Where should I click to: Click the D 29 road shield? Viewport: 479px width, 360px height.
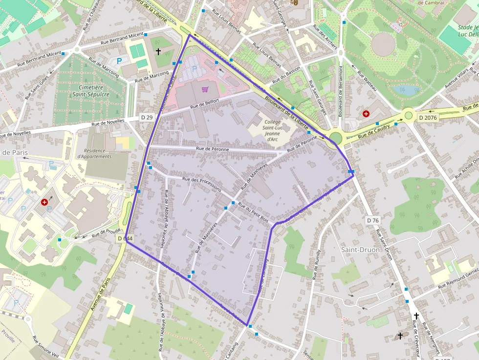[x=147, y=117]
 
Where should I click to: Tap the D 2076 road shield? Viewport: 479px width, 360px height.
[x=427, y=118]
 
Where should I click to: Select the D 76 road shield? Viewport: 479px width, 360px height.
[x=372, y=220]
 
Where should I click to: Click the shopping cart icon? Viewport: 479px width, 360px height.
[x=205, y=89]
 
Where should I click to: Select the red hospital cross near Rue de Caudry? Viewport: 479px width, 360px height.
[x=366, y=114]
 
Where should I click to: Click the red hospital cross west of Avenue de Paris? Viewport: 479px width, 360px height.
[x=45, y=202]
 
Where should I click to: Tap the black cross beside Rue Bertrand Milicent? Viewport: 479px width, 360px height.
[x=158, y=51]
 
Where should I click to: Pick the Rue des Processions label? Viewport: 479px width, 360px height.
[x=201, y=185]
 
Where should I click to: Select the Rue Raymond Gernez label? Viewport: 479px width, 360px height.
[x=458, y=279]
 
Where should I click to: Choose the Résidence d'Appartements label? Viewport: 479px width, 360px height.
[x=94, y=153]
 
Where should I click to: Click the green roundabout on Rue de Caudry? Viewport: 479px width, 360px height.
[x=409, y=116]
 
